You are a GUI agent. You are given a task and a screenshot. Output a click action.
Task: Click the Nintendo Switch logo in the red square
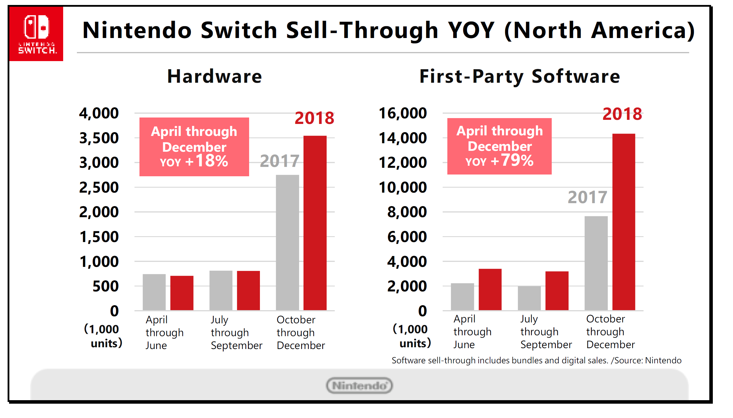tap(36, 34)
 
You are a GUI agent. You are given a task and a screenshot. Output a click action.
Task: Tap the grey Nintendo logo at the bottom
tap(359, 386)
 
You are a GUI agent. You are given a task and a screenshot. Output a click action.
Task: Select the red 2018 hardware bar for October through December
tap(315, 223)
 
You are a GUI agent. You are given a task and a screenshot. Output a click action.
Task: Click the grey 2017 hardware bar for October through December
tap(287, 242)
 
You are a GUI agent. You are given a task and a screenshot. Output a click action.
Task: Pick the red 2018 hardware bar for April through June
tap(182, 293)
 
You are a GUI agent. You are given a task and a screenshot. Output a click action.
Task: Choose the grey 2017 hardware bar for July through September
tap(221, 290)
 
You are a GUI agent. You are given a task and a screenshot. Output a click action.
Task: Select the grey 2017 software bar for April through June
tap(462, 296)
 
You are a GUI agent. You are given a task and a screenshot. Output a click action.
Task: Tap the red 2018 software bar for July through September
tap(557, 291)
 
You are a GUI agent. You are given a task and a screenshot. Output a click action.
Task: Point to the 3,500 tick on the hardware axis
tap(99, 138)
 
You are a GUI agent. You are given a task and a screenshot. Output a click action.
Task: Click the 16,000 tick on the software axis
tap(403, 113)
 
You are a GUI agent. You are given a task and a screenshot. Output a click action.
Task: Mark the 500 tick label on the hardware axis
tap(106, 286)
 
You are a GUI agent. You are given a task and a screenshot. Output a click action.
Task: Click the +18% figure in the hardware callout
tap(207, 161)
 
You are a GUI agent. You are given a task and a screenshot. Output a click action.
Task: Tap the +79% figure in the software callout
tap(512, 160)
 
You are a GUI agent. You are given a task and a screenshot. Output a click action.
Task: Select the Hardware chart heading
tap(215, 76)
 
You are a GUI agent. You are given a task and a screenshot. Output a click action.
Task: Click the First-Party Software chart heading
tap(520, 76)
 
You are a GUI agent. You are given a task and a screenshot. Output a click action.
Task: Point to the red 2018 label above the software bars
tap(622, 114)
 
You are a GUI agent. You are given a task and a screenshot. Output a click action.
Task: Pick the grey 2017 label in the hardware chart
tap(280, 161)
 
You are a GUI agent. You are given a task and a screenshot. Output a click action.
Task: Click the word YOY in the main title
tap(471, 30)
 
